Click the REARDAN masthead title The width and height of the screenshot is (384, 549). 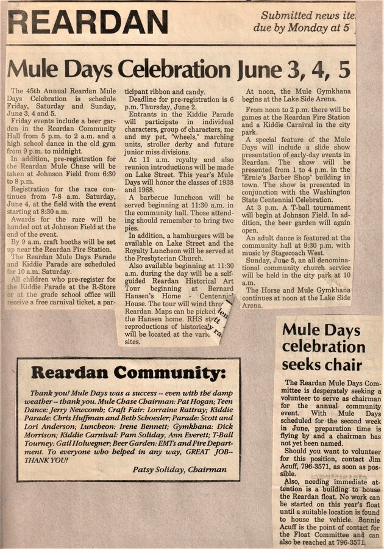tap(88, 23)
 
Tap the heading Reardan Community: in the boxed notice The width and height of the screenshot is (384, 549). tap(128, 372)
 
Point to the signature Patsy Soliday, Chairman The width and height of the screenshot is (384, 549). tap(180, 469)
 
